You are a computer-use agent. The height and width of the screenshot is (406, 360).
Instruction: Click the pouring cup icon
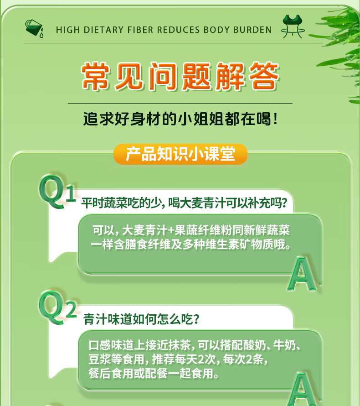(34, 28)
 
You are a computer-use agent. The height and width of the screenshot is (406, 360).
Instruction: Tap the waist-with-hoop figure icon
(293, 26)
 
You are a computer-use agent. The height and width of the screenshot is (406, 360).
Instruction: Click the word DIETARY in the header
(104, 30)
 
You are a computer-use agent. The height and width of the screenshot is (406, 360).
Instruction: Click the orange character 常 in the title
(96, 76)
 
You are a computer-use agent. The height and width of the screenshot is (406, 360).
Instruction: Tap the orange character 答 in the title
(264, 76)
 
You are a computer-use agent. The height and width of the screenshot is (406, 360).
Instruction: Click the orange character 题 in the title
(196, 76)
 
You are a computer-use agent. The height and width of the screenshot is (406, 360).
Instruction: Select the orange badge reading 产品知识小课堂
(180, 154)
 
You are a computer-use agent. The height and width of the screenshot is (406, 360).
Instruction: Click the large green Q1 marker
(57, 191)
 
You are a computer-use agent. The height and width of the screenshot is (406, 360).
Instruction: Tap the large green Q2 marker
(57, 307)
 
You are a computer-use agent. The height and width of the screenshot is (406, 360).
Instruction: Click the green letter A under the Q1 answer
(302, 274)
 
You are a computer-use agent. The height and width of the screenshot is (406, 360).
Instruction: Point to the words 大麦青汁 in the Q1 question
(202, 203)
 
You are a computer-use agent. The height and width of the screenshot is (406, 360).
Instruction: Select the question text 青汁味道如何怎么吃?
(141, 319)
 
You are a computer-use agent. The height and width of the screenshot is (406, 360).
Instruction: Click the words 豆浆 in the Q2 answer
(100, 359)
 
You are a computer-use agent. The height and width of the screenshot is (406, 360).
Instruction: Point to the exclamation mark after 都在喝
(275, 119)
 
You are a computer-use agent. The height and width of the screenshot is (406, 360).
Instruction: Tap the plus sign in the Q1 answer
(171, 230)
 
